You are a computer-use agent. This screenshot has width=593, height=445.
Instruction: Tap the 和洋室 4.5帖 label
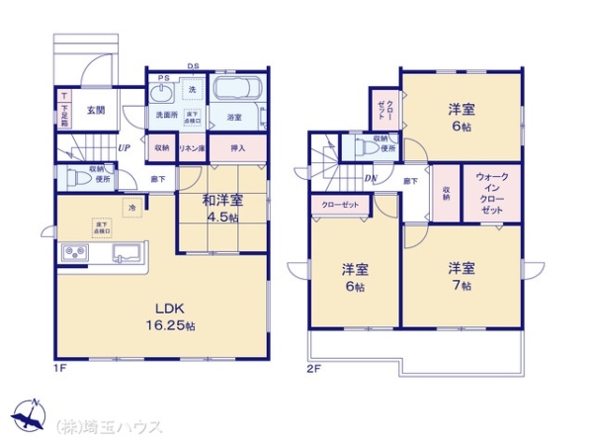click(x=223, y=209)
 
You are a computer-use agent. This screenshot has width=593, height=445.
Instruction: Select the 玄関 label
click(x=95, y=111)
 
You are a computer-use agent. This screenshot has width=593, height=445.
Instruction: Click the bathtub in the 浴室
click(x=235, y=94)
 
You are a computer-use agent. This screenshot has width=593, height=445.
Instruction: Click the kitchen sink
click(x=126, y=252)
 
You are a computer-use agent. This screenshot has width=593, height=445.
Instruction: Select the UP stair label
click(x=123, y=149)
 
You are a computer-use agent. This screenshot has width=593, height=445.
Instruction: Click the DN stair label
click(x=371, y=178)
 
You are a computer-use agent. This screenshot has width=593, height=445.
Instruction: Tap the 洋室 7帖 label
click(x=461, y=275)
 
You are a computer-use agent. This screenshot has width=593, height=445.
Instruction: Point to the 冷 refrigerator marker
click(x=131, y=207)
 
